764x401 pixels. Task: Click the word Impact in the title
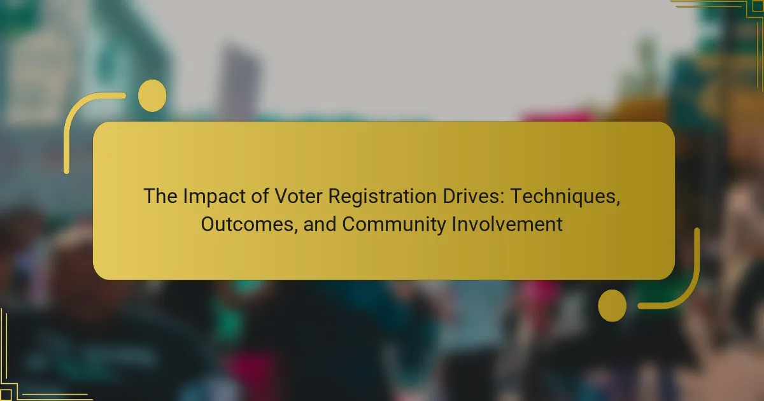[x=214, y=197]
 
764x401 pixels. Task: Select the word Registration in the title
[x=383, y=197]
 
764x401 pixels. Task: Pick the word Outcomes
[x=246, y=224]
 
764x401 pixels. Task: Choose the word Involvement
[x=507, y=224]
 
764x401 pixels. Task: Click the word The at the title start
[x=160, y=197]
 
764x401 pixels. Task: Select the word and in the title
[x=320, y=224]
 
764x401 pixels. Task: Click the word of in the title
[x=260, y=197]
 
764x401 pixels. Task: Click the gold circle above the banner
[x=152, y=96]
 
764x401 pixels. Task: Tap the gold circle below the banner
[x=612, y=306]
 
